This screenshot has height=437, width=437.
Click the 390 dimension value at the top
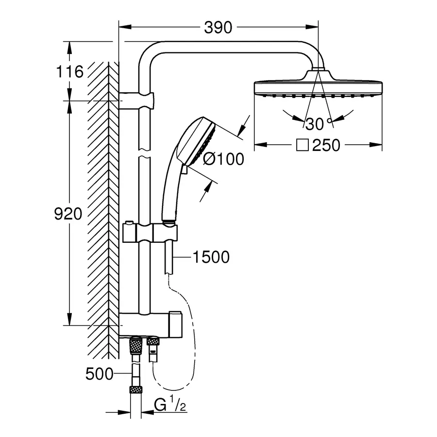coord(218,28)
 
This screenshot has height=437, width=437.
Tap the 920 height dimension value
coord(68,214)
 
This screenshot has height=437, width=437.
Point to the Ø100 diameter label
coord(223,159)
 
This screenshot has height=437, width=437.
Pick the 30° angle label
coord(318,124)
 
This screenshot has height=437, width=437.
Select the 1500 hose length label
coord(211,257)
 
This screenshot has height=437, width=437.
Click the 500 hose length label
coord(99,374)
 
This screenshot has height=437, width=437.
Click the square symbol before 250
coord(303,145)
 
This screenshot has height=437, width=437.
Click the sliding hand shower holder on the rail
coord(151,233)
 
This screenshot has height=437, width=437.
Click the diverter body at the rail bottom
coord(151,323)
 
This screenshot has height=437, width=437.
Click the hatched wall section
coord(103,194)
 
